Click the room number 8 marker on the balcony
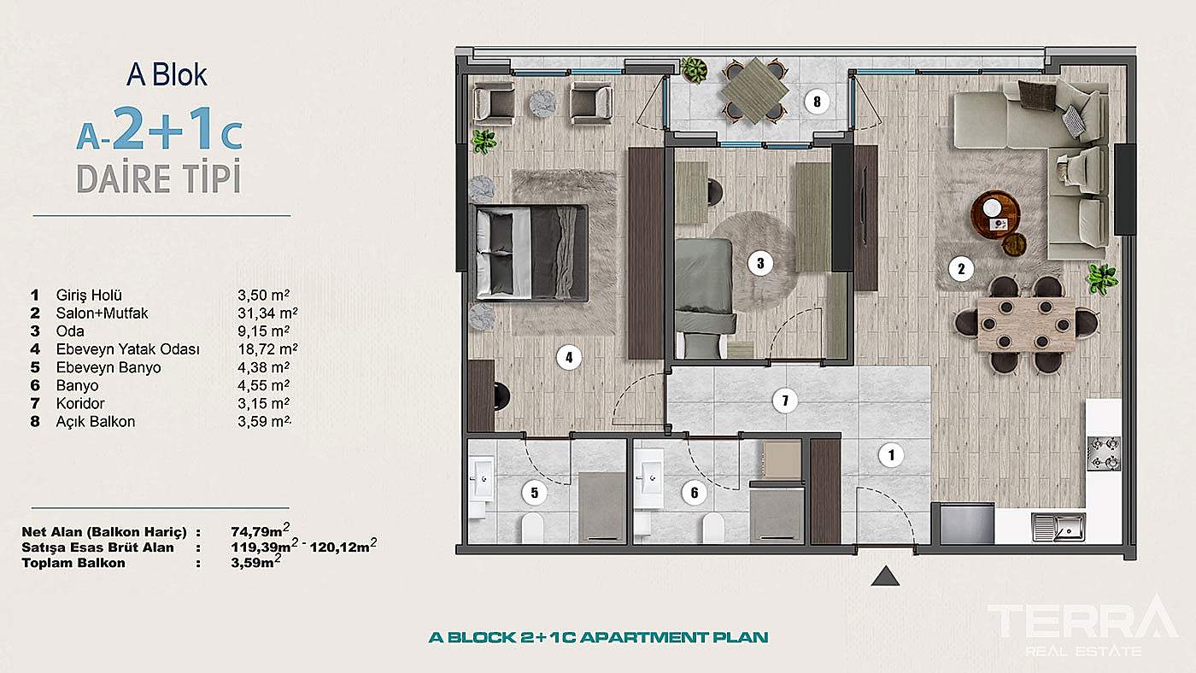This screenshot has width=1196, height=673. (818, 102)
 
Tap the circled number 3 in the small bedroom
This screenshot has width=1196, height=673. (760, 263)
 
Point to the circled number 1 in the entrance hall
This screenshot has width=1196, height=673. (891, 456)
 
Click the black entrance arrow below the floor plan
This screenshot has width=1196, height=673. (886, 576)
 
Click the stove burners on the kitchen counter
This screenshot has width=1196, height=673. (1103, 454)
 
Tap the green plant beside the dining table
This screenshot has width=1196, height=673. (1101, 278)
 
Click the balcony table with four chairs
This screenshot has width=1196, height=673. (751, 89)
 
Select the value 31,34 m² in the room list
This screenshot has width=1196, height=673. (267, 313)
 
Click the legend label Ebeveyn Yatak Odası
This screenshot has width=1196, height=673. (127, 349)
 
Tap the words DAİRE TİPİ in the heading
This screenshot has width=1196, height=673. (159, 178)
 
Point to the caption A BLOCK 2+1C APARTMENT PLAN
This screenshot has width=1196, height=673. (597, 637)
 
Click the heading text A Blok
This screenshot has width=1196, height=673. (167, 75)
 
